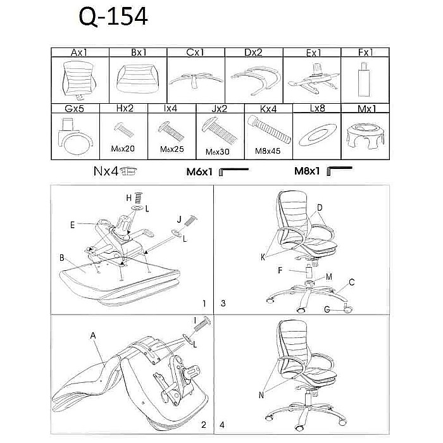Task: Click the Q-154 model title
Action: (x=113, y=16)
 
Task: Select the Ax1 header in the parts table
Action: (x=79, y=53)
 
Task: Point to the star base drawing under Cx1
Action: (x=196, y=80)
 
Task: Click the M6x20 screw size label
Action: (x=123, y=149)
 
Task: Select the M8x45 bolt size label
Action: (x=268, y=151)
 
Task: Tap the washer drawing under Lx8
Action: (x=318, y=134)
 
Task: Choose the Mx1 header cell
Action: (x=366, y=109)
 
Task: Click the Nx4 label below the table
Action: (x=106, y=172)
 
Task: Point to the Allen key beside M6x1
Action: (x=234, y=172)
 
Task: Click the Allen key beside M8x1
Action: (x=339, y=170)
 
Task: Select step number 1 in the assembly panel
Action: (x=204, y=303)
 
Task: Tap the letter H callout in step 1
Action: (x=129, y=198)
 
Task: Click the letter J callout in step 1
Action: (x=179, y=220)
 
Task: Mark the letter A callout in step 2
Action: (x=93, y=335)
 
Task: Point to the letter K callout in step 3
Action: (x=263, y=257)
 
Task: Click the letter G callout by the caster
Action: (x=327, y=309)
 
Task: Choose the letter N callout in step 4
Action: (x=261, y=395)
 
